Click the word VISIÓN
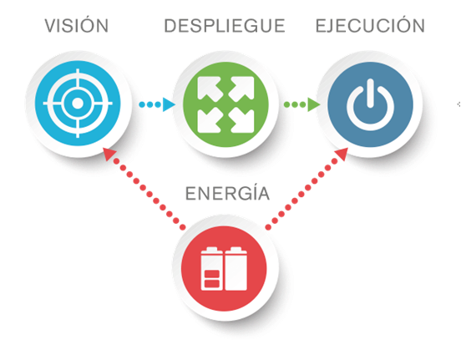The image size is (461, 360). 77,25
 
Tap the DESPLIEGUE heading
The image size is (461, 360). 225,26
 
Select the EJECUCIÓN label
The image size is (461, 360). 370,25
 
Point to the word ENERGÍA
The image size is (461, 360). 227,193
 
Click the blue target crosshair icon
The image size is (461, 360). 78,104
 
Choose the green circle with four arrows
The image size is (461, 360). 225,104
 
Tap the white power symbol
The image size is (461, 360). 370,104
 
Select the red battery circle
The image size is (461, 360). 224,268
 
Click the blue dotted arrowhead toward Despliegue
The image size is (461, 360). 169,104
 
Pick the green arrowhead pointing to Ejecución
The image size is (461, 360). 313,104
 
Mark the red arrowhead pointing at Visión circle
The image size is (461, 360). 109,154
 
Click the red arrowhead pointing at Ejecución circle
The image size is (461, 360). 342,154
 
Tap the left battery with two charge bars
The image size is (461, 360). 211,269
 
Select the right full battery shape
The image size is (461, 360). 236,269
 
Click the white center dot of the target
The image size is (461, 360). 78,104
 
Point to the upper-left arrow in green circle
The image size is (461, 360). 209,89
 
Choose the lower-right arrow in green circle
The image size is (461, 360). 242,120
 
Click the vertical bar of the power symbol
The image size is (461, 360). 370,93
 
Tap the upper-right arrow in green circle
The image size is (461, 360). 242,89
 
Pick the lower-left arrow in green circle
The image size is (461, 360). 209,120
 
